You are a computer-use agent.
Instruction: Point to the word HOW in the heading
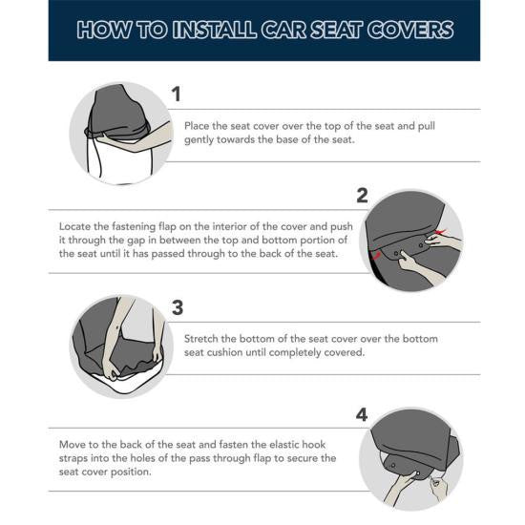101,30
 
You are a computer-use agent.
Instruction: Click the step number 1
176,94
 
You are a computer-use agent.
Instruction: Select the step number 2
362,196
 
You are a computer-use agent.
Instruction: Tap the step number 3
177,307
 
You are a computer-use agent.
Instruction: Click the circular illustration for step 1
120,133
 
